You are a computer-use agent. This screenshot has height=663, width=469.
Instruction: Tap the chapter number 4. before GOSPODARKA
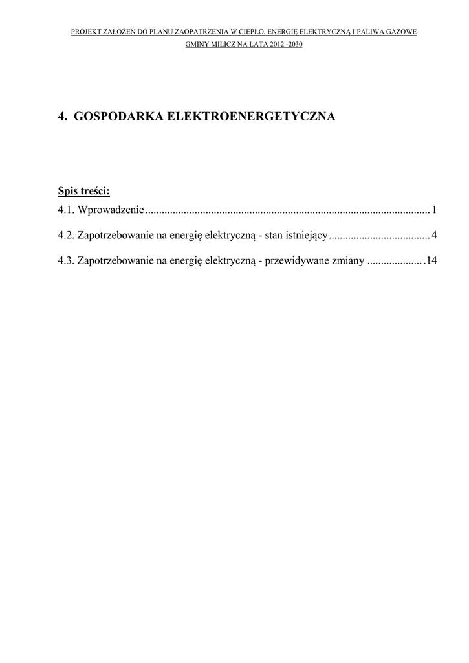click(63, 117)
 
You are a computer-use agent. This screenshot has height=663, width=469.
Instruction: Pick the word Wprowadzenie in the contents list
click(111, 210)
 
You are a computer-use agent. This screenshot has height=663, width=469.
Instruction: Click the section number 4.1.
click(66, 210)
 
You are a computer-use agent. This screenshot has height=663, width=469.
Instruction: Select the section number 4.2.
click(66, 236)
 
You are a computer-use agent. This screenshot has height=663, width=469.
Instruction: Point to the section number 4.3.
click(66, 262)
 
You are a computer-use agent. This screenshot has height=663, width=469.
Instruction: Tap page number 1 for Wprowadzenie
click(435, 210)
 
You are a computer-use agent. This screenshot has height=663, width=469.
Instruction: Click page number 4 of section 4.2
click(434, 236)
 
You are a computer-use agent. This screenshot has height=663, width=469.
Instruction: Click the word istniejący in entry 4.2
click(307, 236)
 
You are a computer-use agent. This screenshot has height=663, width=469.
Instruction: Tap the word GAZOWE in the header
click(401, 31)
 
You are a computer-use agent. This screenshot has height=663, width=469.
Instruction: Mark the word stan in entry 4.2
click(274, 236)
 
